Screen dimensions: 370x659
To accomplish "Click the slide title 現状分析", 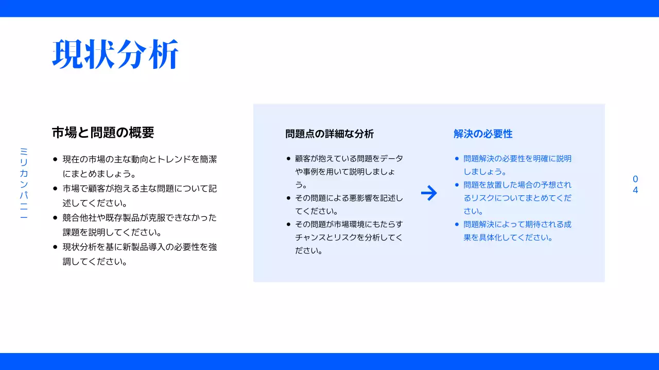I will (115, 54).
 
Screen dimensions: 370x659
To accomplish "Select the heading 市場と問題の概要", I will (103, 133).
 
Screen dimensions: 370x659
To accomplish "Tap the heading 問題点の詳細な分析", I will (329, 134).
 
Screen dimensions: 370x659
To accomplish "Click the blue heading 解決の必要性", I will (483, 134).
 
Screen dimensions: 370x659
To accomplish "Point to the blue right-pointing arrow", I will (429, 193).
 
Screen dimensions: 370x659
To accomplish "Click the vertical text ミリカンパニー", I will (24, 183).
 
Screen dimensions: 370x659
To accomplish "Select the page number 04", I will (635, 184).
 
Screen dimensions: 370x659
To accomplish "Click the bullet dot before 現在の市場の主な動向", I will (55, 160).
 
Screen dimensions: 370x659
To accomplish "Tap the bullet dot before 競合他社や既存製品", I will (55, 217).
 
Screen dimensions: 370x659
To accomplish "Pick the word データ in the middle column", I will (391, 159).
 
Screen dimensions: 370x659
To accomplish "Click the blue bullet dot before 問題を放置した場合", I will (457, 184).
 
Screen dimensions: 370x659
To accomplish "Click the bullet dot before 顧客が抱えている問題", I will (288, 159).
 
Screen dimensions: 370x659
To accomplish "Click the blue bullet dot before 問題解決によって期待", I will (457, 225).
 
